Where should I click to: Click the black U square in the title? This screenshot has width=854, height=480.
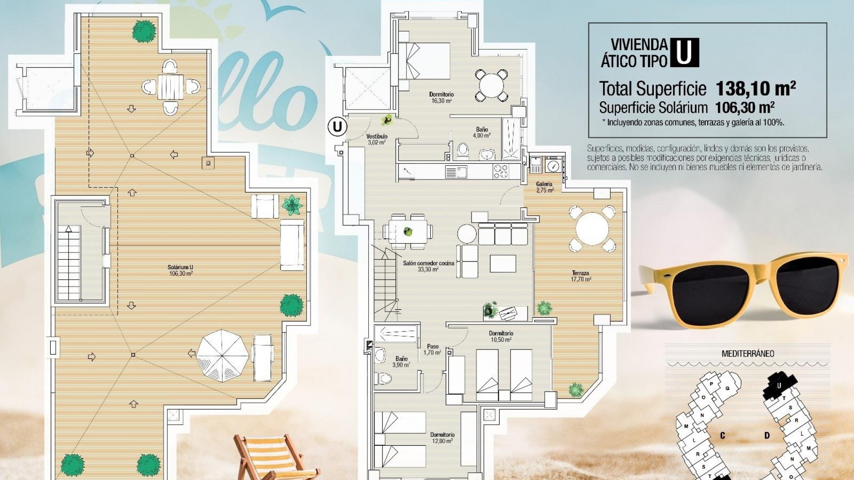coord(684,52)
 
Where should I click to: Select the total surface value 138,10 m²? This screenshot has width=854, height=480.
coord(755,89)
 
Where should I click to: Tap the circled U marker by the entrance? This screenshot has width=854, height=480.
coord(337,127)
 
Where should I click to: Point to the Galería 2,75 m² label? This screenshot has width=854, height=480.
coord(544,187)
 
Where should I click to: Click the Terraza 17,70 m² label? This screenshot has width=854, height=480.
coord(580,276)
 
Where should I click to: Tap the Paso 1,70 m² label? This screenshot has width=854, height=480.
coord(432,349)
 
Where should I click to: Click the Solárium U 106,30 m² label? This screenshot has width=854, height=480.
coord(180,270)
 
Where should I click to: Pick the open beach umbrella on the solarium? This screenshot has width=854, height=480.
coord(222,355)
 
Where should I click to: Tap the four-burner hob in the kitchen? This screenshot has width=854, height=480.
coord(500,171)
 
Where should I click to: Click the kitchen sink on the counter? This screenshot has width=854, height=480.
coord(456,172)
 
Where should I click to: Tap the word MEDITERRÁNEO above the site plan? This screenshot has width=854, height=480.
coord(748,354)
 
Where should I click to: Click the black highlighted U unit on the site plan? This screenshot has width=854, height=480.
coord(779,385)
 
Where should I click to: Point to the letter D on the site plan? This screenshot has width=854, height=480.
coord(767,435)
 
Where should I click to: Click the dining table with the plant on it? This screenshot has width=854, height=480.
coord(408,231)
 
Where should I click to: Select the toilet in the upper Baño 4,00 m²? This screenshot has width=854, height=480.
coord(463,150)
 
